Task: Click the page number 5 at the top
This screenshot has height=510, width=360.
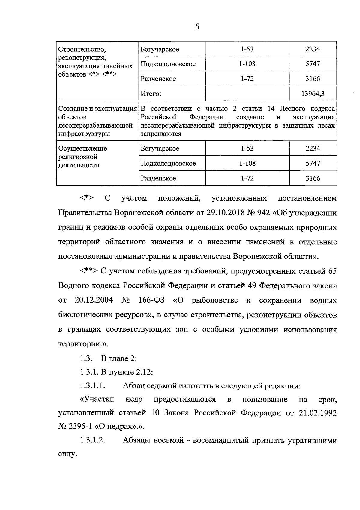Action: pyautogui.click(x=197, y=27)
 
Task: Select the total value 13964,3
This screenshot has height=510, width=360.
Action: pyautogui.click(x=313, y=94)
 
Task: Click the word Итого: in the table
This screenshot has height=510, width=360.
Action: pyautogui.click(x=151, y=94)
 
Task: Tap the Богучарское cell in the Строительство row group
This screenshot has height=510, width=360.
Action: pyautogui.click(x=160, y=49)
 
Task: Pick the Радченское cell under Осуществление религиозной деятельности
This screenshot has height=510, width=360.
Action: pyautogui.click(x=158, y=178)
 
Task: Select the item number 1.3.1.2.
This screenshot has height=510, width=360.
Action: pyautogui.click(x=92, y=441)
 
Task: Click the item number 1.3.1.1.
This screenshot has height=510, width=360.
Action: pyautogui.click(x=92, y=386)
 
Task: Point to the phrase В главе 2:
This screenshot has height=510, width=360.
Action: pyautogui.click(x=119, y=358)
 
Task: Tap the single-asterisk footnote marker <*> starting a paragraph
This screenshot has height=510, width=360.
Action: pyautogui.click(x=87, y=198)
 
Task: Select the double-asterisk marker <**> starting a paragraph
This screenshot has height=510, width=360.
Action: pyautogui.click(x=88, y=271)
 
